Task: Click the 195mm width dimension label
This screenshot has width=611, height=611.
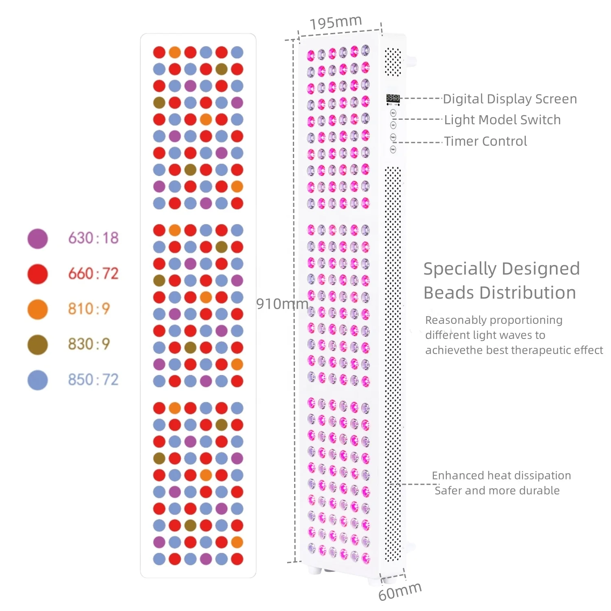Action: [x=336, y=22]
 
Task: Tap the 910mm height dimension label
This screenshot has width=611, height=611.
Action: [x=282, y=303]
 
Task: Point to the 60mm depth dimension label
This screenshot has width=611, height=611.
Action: [x=400, y=591]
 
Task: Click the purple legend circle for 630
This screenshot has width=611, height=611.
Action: [x=37, y=239]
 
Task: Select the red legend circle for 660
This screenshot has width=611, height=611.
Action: [x=37, y=274]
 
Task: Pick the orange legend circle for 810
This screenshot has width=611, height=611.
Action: [x=37, y=309]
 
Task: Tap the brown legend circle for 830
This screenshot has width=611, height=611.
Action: [x=37, y=345]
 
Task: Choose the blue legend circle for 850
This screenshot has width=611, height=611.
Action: [x=37, y=380]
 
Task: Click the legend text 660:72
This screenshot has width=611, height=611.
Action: [x=93, y=274]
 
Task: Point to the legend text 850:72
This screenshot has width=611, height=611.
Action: [x=93, y=380]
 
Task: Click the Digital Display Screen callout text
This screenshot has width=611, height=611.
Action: [x=510, y=99]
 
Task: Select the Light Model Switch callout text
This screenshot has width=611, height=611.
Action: [x=502, y=120]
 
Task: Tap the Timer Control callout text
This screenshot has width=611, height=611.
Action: [x=486, y=141]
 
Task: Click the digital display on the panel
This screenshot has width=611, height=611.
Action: [x=393, y=98]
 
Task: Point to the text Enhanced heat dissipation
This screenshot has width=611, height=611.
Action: [x=501, y=476]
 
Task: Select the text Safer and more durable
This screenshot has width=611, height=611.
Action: [x=497, y=490]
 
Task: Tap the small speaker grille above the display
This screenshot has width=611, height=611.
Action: [x=393, y=62]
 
